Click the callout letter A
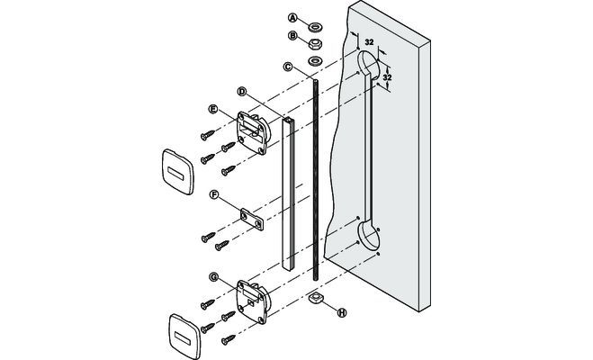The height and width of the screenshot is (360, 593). point(292,17)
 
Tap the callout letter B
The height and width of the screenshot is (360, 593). point(292,36)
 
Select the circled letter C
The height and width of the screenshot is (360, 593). point(288,67)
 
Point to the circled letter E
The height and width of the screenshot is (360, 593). point(213,109)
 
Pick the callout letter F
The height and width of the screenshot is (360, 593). point(213,193)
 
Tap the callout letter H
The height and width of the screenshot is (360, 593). point(341,313)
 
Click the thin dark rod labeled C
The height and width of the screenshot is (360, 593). point(316,180)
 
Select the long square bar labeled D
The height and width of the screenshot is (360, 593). point(290,193)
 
